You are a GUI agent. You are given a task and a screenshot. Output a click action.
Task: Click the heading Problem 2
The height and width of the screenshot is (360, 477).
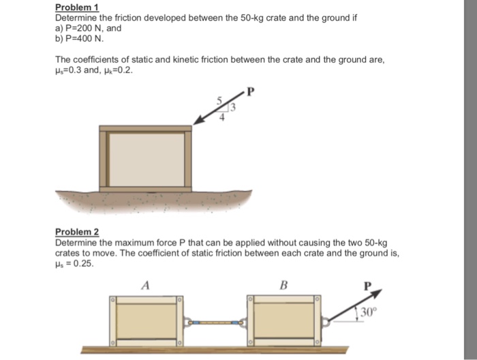tap(77, 232)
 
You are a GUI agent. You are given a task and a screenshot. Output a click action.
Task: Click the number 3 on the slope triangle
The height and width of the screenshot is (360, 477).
tap(231, 106)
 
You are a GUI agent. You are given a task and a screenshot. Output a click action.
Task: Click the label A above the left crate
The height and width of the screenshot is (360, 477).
tap(145, 285)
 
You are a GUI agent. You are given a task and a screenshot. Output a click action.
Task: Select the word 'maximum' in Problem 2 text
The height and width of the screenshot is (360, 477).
tap(121, 242)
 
